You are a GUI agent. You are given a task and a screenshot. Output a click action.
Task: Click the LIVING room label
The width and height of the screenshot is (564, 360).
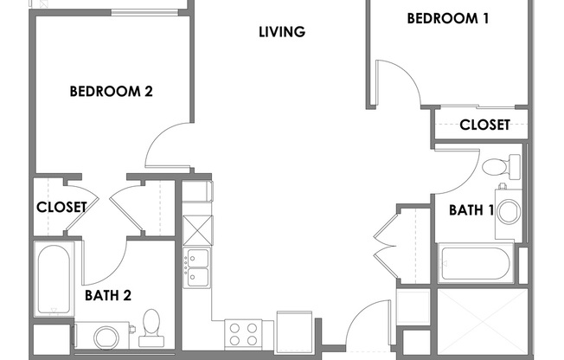pyautogui.click(x=282, y=33)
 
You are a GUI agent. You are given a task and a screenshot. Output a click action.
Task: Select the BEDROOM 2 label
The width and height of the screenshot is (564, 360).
pyautogui.click(x=111, y=90)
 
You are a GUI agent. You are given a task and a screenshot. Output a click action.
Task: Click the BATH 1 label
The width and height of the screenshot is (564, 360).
pyautogui.click(x=471, y=209)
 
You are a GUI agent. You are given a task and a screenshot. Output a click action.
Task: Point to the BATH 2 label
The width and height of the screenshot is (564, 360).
pyautogui.click(x=108, y=295)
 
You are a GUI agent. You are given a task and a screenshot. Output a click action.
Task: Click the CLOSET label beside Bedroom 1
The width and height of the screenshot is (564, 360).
pyautogui.click(x=484, y=125)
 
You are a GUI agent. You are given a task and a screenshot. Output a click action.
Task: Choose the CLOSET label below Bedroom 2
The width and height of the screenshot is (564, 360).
pyautogui.click(x=61, y=207)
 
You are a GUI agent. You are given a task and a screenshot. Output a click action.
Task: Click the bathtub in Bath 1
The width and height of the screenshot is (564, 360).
pyautogui.click(x=476, y=264)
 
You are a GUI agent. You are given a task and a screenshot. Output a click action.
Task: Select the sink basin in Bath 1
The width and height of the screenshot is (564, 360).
pyautogui.click(x=508, y=211)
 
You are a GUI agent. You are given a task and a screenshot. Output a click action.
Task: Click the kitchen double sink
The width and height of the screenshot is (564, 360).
pyautogui.click(x=196, y=267)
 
